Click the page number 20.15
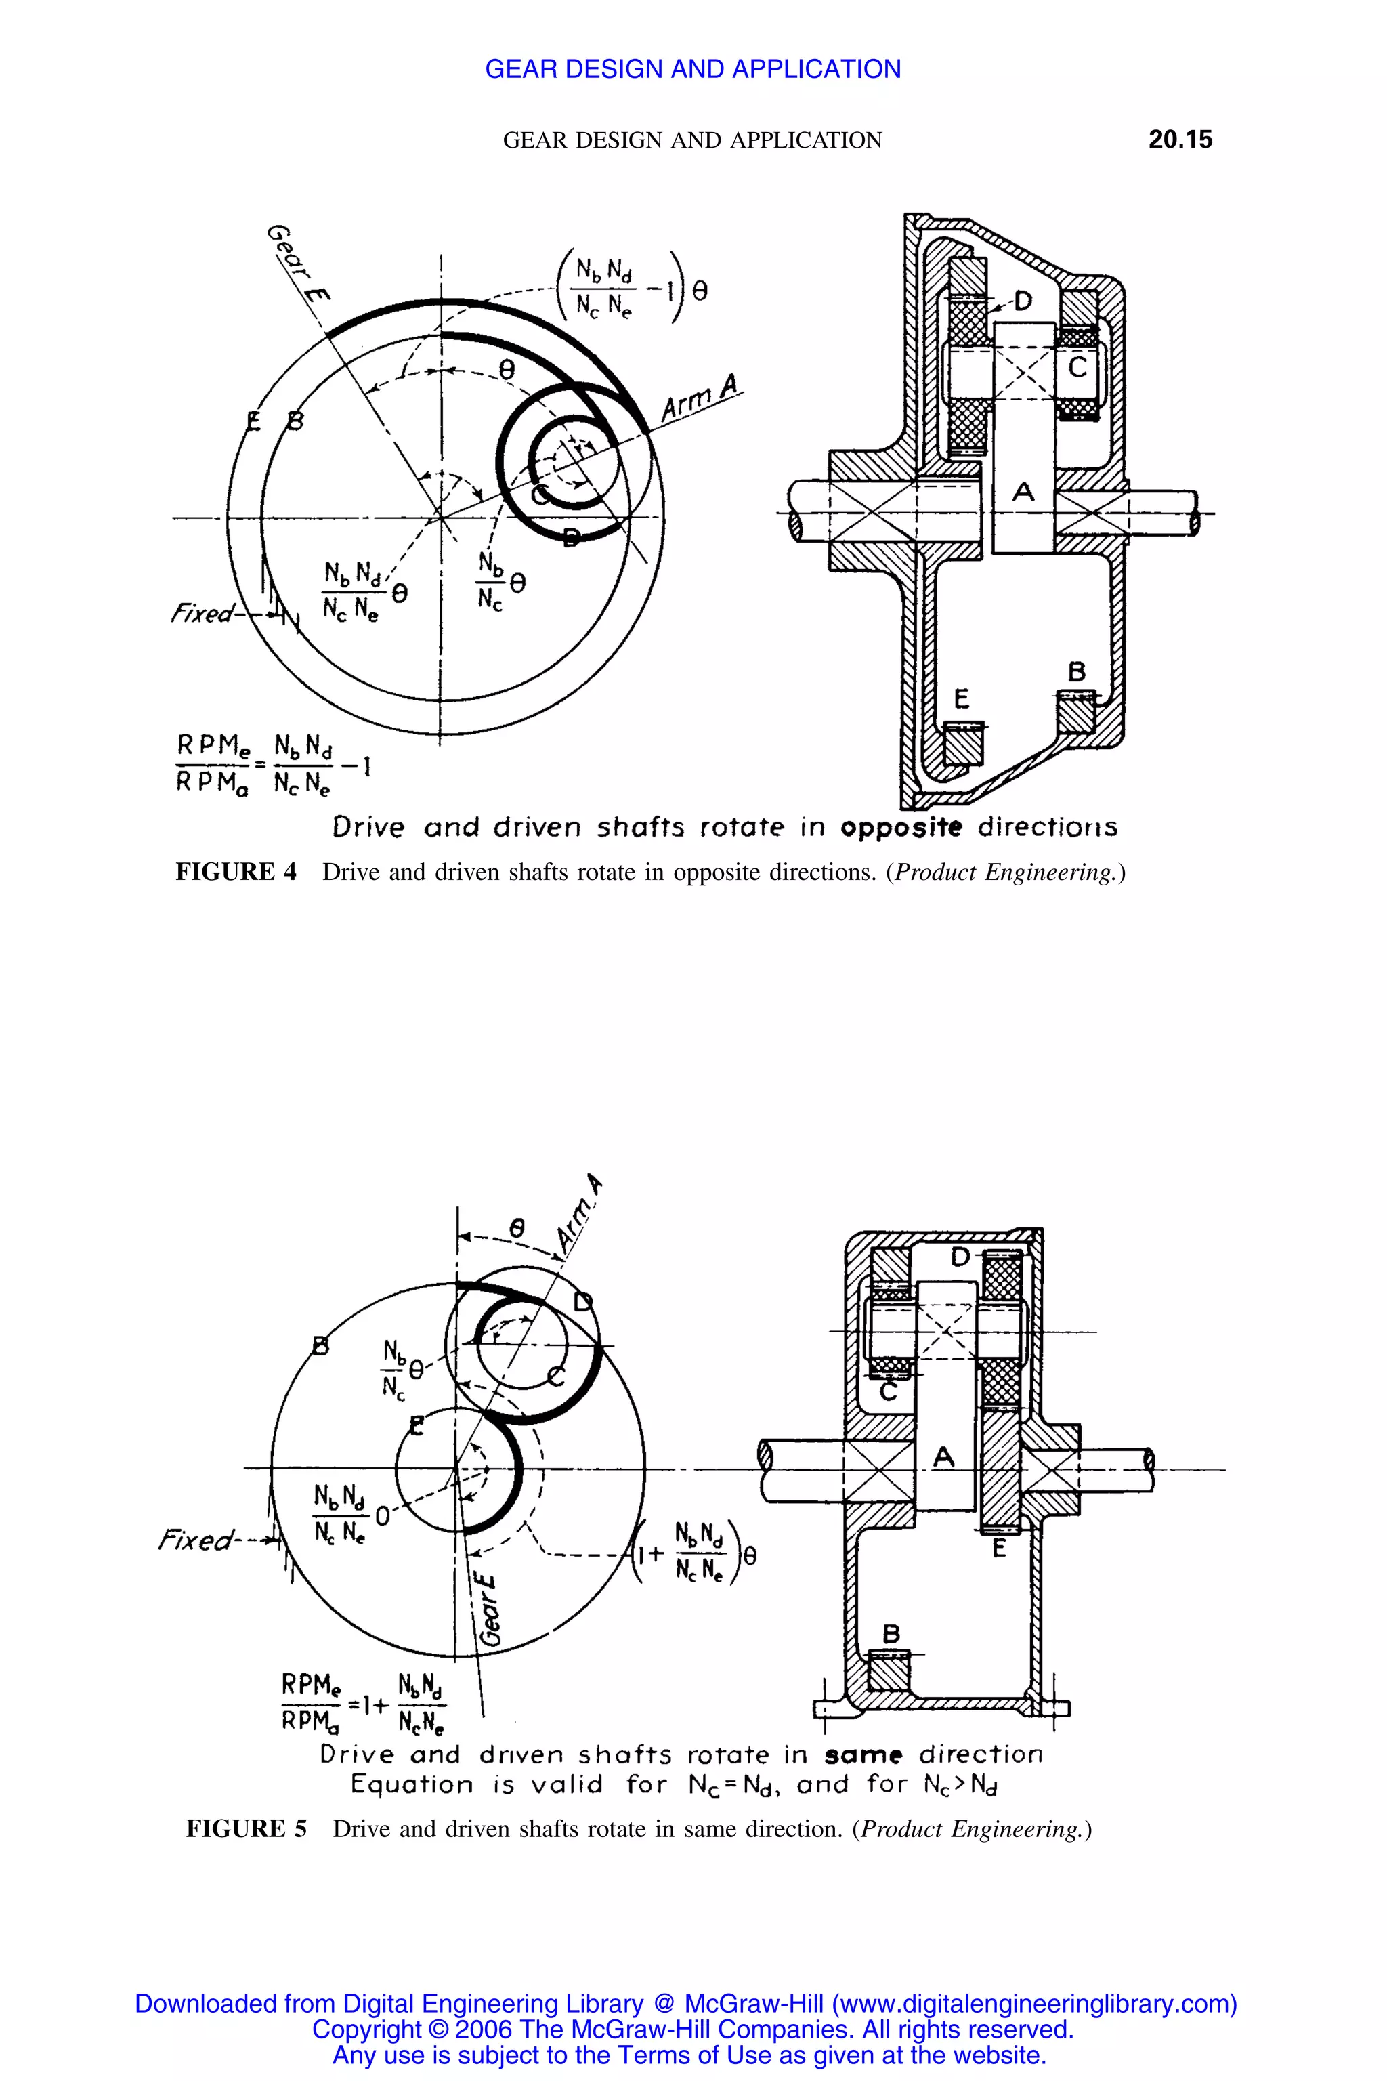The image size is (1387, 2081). (x=1180, y=139)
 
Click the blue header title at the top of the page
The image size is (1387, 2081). (x=693, y=69)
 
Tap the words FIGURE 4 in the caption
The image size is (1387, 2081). (x=236, y=873)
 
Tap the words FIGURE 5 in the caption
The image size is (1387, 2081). (x=246, y=1830)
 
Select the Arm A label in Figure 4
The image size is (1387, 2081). (x=702, y=400)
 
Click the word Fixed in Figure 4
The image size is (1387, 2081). (x=202, y=612)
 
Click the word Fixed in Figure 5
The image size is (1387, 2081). (x=196, y=1540)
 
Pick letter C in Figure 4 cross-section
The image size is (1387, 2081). (x=1077, y=366)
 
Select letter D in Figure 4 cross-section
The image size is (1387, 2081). (x=1023, y=301)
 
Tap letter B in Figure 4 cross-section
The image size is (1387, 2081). (x=1077, y=671)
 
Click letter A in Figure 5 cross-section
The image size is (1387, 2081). (x=944, y=1456)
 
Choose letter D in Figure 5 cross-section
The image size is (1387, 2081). (x=960, y=1257)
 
